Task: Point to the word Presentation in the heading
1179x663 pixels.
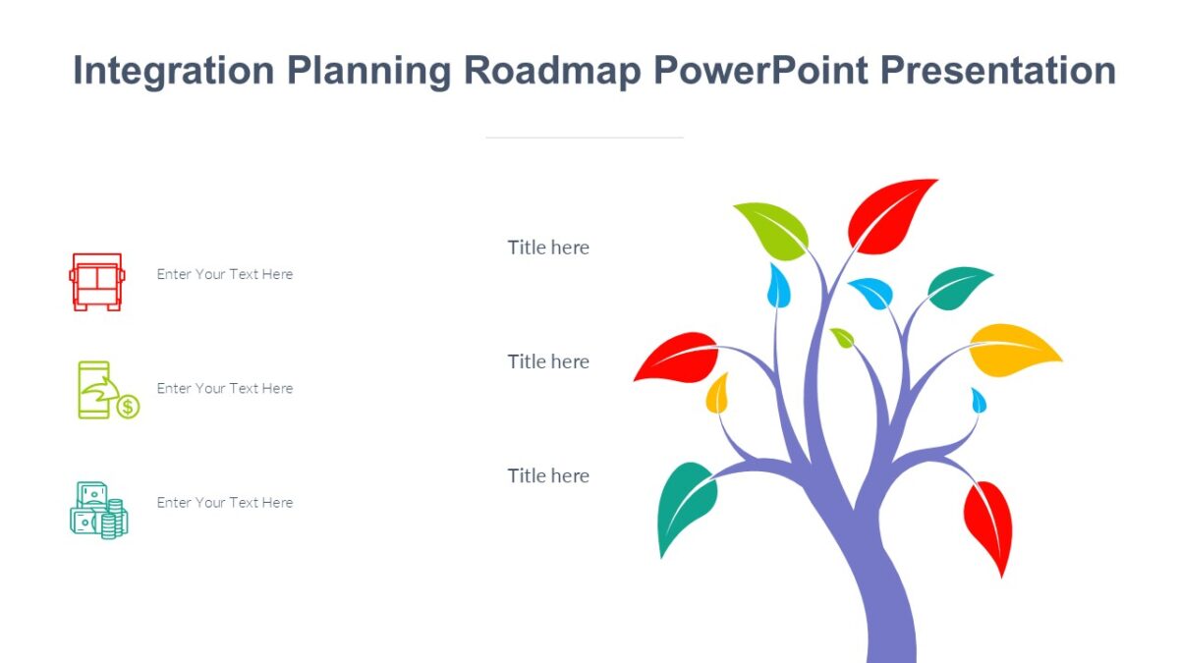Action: [x=997, y=72]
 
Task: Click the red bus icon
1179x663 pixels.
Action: [x=96, y=281]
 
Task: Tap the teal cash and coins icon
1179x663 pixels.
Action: [x=98, y=510]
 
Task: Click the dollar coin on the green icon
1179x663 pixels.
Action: [x=128, y=407]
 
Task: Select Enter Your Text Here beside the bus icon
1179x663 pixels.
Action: [x=225, y=274]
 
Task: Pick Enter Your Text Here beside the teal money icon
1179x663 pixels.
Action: [x=225, y=502]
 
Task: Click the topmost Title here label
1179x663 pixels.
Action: [x=548, y=248]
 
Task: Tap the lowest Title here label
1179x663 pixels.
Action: [x=548, y=475]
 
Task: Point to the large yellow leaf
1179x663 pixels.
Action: [x=1014, y=350]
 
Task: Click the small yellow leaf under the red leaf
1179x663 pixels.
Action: [x=717, y=395]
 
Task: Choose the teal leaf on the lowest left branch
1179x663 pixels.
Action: [x=686, y=505]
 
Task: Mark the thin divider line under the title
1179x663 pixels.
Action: [x=584, y=138]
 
